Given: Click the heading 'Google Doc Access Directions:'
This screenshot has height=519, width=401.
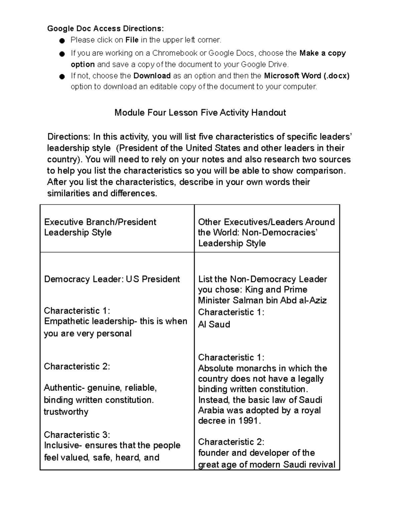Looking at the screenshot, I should tap(106, 28).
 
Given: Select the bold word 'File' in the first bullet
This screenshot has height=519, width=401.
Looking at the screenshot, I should tap(132, 40).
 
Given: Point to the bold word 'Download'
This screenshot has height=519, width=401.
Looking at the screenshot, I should tap(152, 76).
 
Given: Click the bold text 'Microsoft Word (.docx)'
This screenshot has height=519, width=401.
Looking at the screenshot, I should tap(306, 76).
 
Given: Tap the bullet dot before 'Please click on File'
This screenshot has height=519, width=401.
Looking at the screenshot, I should tap(61, 41).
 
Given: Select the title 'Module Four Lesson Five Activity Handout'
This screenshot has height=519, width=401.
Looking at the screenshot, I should tap(200, 113).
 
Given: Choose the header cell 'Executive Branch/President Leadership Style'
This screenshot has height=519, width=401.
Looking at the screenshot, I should tap(100, 227).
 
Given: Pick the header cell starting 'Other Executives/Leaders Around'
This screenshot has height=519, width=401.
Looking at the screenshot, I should tap(266, 232).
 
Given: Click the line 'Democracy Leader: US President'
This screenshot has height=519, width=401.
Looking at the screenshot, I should tap(112, 279).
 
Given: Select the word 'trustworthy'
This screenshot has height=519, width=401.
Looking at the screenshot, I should tap(66, 411).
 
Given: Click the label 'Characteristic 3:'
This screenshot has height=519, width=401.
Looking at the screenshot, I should tap(77, 434).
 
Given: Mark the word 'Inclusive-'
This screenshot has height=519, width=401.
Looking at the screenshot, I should tap(63, 445).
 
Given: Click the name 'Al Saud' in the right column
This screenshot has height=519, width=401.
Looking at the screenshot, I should tap(214, 324).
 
